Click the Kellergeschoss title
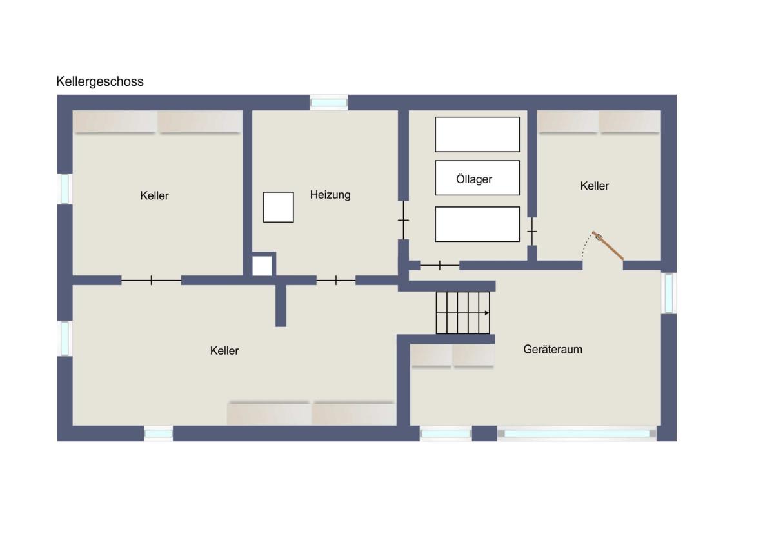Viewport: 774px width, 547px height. tap(100, 82)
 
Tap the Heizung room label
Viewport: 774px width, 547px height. tap(330, 195)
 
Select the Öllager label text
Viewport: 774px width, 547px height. tap(474, 179)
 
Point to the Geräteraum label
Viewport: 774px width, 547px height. tap(553, 350)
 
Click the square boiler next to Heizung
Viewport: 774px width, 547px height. tap(279, 207)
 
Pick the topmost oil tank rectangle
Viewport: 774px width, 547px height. tap(477, 134)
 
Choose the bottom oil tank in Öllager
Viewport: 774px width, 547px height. tap(477, 224)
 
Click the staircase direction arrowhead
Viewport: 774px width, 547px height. tap(487, 313)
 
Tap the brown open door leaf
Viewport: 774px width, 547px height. tap(608, 245)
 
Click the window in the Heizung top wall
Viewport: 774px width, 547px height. tap(328, 103)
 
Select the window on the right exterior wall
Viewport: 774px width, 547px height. tap(669, 293)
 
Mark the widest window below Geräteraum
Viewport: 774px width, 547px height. tap(577, 433)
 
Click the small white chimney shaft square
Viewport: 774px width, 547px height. tap(262, 266)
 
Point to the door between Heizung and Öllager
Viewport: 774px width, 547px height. tap(403, 220)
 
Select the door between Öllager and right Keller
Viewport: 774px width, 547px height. tap(532, 231)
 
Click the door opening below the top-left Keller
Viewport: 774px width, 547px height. tap(152, 280)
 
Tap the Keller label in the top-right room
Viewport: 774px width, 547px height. tap(594, 186)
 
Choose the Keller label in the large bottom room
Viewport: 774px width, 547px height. tap(224, 351)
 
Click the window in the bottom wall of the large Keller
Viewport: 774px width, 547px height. tap(158, 433)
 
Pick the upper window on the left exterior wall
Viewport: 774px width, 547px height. tap(64, 188)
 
